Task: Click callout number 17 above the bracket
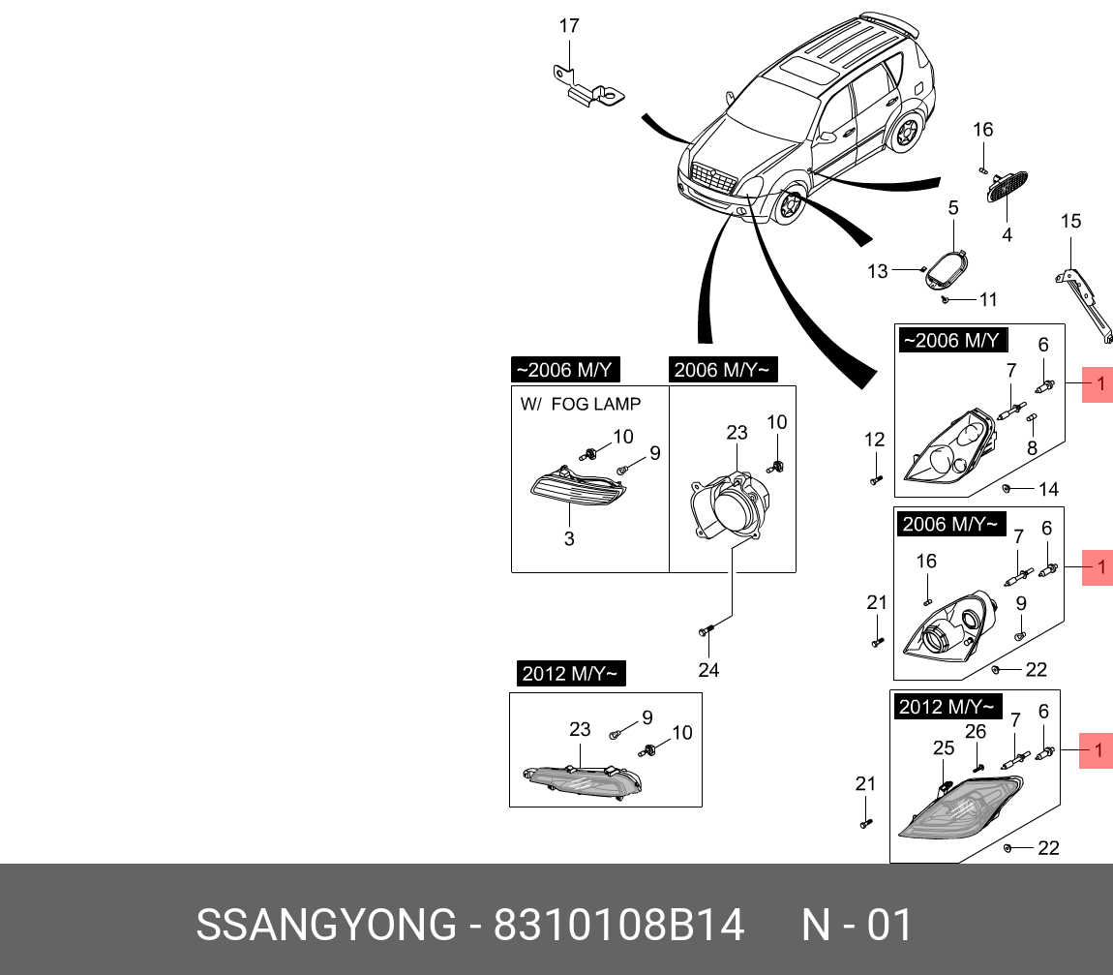pyautogui.click(x=569, y=25)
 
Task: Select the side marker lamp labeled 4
pyautogui.click(x=1006, y=186)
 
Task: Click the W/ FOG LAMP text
pyautogui.click(x=580, y=404)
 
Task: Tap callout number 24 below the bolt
pyautogui.click(x=708, y=670)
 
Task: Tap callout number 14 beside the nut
pyautogui.click(x=1048, y=490)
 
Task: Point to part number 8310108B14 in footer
pyautogui.click(x=619, y=925)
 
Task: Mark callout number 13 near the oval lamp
pyautogui.click(x=877, y=272)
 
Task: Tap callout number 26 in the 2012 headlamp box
pyautogui.click(x=976, y=732)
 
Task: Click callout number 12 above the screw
pyautogui.click(x=874, y=441)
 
